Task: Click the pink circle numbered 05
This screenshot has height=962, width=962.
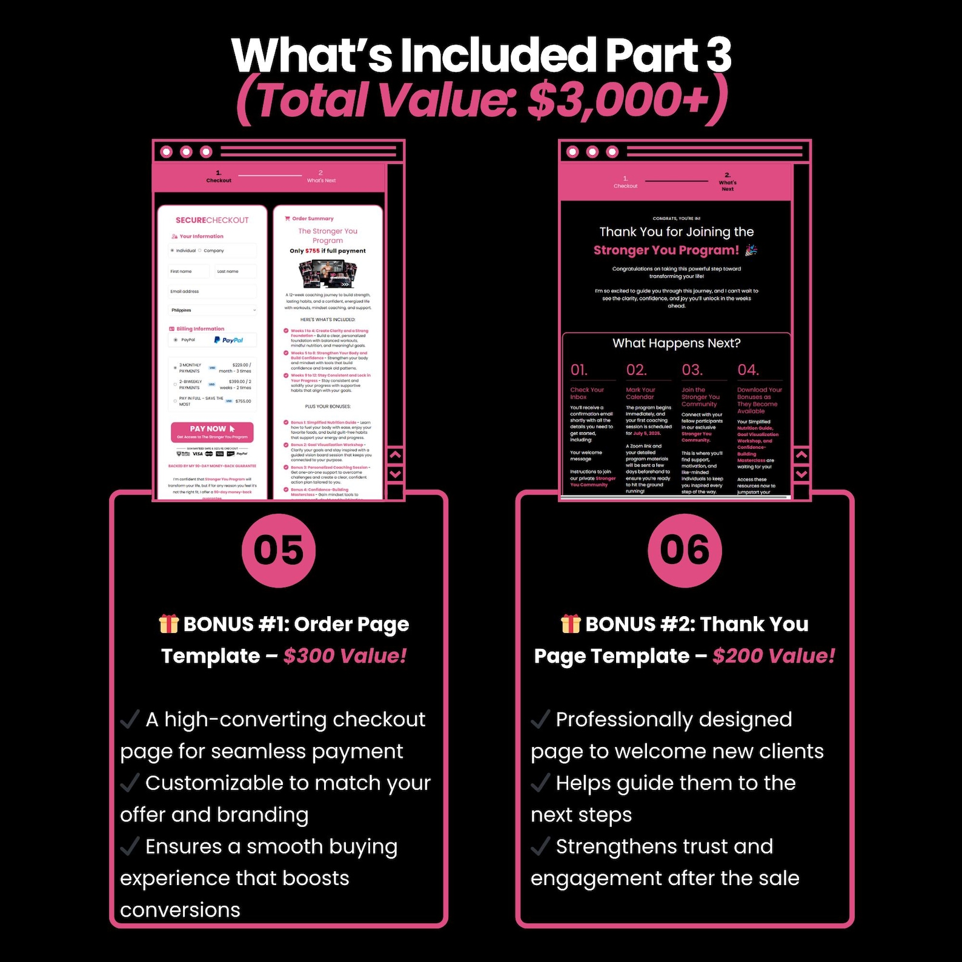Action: coord(278,551)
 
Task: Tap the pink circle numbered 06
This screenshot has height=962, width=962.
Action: coord(685,551)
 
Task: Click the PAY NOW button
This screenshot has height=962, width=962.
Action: coord(212,432)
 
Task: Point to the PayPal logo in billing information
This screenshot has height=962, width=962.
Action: coord(228,340)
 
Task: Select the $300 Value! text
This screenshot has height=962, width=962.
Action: coord(345,656)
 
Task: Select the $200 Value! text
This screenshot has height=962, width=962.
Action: coord(774,656)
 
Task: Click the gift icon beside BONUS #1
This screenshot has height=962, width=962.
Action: coord(168,624)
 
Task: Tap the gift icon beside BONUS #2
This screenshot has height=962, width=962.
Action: coord(570,624)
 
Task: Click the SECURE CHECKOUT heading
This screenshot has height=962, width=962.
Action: coord(212,221)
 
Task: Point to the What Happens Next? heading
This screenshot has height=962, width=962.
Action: coord(676,343)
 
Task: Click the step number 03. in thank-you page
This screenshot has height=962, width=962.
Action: coord(692,370)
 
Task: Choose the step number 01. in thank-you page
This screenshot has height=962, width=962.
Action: coord(579,370)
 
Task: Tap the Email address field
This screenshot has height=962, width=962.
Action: coord(212,291)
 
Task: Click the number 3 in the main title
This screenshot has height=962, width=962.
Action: coord(718,56)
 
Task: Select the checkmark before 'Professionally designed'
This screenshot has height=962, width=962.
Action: coord(540,720)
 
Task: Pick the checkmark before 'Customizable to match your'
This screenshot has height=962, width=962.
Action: coord(130,783)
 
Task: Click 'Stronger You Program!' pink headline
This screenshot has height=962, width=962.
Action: coord(666,251)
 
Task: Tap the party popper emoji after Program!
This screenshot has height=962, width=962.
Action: coord(751,250)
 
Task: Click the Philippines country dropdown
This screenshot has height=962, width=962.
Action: coord(212,310)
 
